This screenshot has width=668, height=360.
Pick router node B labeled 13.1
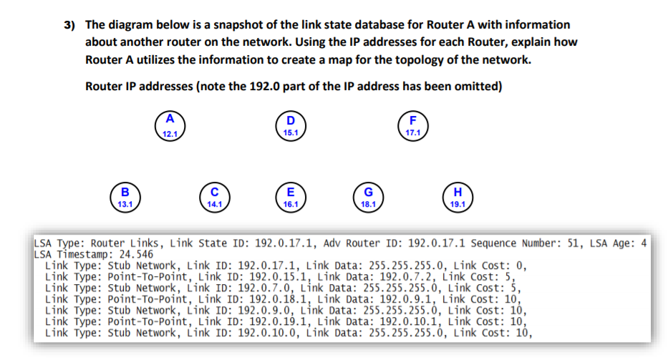pos(125,196)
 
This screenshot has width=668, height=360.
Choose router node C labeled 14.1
pos(214,196)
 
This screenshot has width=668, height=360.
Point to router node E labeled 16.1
pos(291,196)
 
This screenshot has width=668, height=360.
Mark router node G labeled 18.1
pos(368,196)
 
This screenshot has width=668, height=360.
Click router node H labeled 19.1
pos(458,196)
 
